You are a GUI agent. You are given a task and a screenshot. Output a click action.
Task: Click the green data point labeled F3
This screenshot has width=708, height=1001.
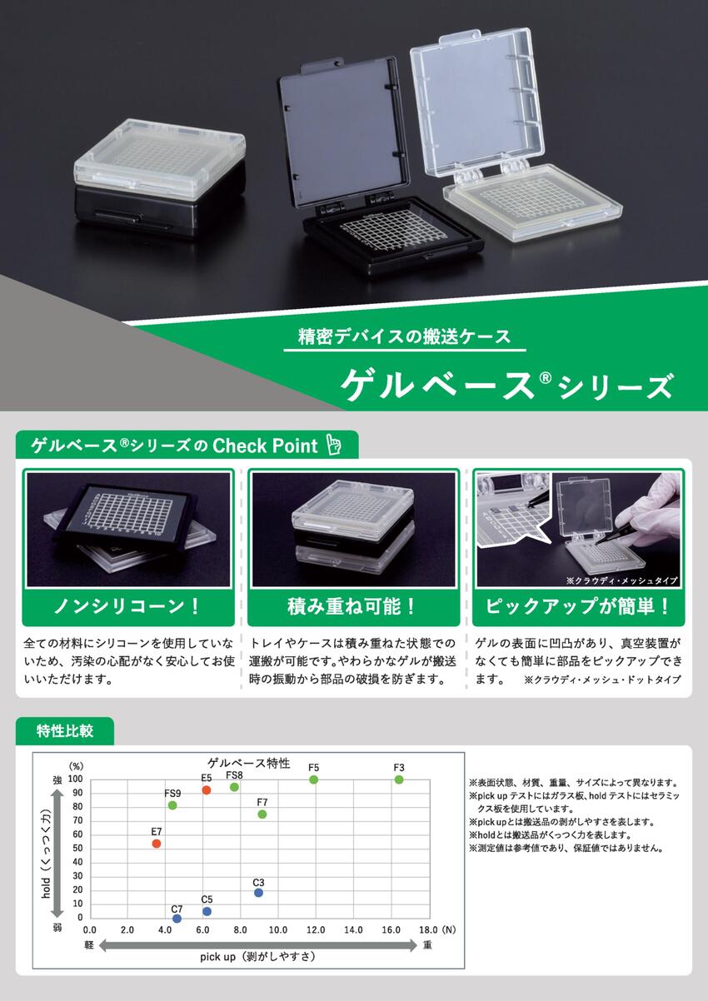pyautogui.click(x=399, y=779)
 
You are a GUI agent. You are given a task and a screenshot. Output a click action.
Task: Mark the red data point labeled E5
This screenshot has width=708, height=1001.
pyautogui.click(x=207, y=790)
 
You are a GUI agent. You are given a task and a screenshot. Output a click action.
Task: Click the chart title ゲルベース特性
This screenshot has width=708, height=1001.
pyautogui.click(x=249, y=763)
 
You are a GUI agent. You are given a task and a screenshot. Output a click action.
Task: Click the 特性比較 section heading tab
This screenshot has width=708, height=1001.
pyautogui.click(x=65, y=730)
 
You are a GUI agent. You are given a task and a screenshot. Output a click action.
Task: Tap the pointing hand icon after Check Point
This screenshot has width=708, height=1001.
pyautogui.click(x=333, y=445)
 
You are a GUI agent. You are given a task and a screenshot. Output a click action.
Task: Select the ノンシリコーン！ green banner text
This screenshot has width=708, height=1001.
pyautogui.click(x=127, y=606)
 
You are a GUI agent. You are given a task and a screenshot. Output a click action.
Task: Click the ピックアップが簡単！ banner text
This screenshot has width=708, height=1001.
pyautogui.click(x=578, y=606)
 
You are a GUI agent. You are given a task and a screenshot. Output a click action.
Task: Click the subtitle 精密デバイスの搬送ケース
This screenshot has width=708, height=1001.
pyautogui.click(x=405, y=336)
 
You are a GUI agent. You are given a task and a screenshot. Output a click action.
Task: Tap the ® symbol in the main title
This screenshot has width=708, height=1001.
pyautogui.click(x=546, y=378)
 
